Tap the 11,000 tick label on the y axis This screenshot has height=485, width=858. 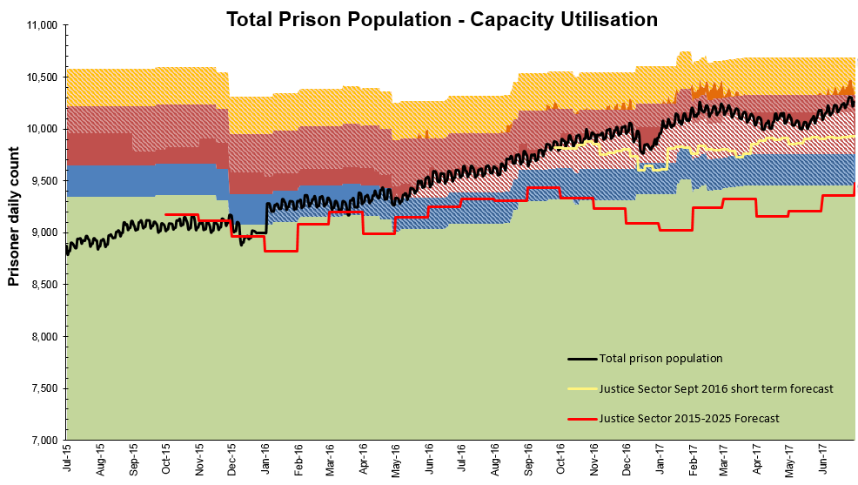coord(37,26)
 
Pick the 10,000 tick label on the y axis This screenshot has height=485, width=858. coord(37,129)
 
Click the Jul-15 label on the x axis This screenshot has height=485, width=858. coord(68,460)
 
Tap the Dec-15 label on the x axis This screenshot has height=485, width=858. coord(232,460)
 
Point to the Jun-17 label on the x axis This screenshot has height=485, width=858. coord(824,460)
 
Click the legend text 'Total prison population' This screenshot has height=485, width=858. coord(660,358)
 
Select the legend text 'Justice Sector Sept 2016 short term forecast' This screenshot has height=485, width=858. coord(716,388)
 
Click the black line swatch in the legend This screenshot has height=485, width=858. coord(581,359)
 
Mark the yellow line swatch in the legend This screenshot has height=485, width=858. coord(581,389)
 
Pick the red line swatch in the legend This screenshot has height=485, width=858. coord(581,420)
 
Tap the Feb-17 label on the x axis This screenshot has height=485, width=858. coord(694,460)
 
